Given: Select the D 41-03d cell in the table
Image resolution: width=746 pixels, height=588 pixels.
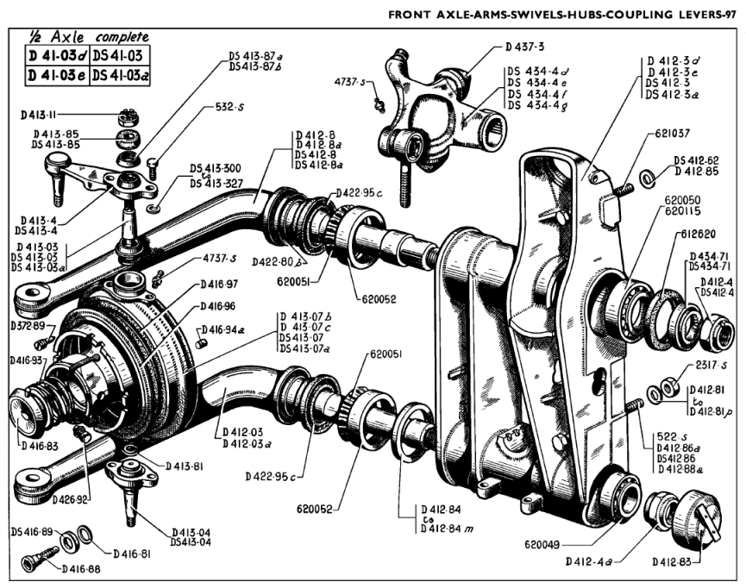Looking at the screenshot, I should tap(53, 57).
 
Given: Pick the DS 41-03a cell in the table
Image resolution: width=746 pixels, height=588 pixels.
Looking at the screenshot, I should tap(118, 75).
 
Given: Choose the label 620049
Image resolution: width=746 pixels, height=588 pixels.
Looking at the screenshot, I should tap(547, 544).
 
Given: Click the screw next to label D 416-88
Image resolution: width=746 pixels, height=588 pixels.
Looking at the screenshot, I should tap(37, 556).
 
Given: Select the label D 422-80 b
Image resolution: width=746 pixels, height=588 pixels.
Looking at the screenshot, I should tap(279, 260).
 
